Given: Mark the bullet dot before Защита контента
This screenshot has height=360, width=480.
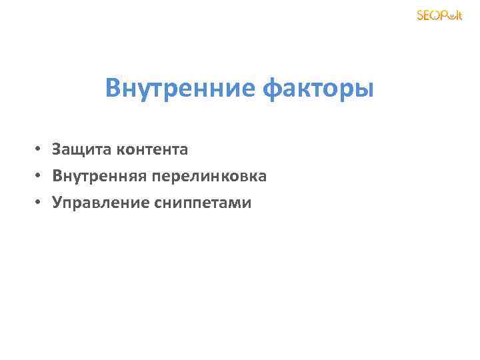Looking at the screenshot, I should (x=41, y=150).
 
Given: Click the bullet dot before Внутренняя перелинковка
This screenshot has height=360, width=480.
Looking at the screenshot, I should (x=41, y=177).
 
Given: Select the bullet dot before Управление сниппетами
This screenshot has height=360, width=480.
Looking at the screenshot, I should (x=41, y=203).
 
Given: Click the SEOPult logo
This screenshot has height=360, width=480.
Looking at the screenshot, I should (x=439, y=15).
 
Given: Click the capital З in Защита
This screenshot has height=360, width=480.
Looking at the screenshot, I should (x=57, y=149).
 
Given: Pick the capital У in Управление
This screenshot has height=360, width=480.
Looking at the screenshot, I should (x=57, y=203).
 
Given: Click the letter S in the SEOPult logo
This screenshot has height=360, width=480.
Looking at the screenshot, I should (x=421, y=15).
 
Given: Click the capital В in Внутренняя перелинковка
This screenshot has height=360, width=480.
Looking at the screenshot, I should (x=57, y=176).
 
